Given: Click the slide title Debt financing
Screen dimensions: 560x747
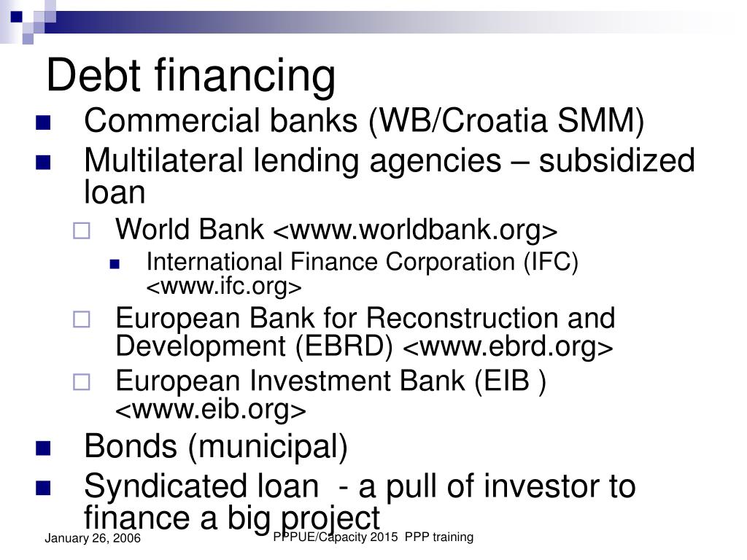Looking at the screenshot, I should click(x=191, y=74).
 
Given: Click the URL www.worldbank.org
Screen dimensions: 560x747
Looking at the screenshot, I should click(x=415, y=231).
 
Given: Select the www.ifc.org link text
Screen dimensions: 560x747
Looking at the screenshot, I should click(x=224, y=287).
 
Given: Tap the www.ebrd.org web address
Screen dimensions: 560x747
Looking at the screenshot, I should click(x=508, y=347).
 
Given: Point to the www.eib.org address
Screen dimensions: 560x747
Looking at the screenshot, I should click(x=211, y=411).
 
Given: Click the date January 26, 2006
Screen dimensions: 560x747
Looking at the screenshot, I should click(x=93, y=539).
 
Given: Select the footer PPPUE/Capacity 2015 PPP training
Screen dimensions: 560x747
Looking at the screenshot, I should click(x=373, y=537).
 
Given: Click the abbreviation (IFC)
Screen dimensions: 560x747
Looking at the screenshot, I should click(x=550, y=262).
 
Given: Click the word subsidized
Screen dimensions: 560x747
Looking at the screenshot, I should click(x=616, y=160).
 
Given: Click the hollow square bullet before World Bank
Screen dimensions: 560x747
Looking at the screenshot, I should click(x=81, y=232).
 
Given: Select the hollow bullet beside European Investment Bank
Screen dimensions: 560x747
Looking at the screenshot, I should click(x=81, y=381).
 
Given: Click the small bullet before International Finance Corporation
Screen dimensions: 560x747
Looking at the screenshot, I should click(x=115, y=265).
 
